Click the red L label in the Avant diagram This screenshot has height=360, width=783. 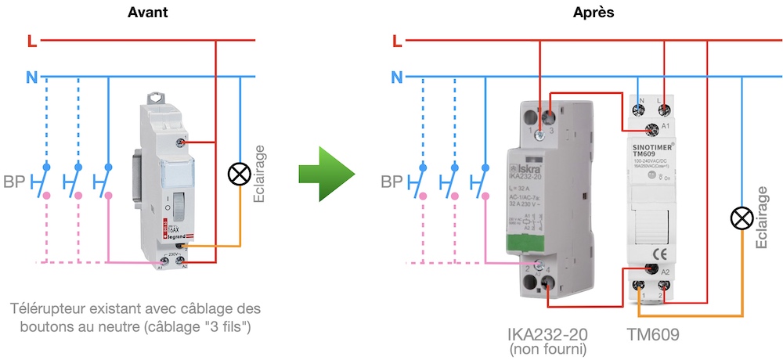click(x=31, y=40)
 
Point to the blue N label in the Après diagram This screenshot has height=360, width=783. click(x=397, y=77)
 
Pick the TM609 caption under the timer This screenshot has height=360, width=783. click(x=653, y=335)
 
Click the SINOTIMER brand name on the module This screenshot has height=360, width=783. click(x=654, y=146)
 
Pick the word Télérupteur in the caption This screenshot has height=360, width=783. click(x=46, y=308)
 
